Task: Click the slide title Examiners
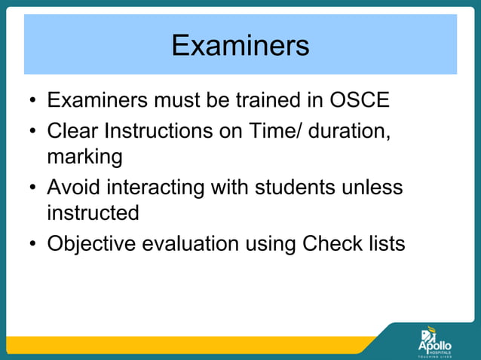point(240,45)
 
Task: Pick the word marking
point(84,158)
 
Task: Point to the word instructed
point(93,213)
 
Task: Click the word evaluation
point(196,244)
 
